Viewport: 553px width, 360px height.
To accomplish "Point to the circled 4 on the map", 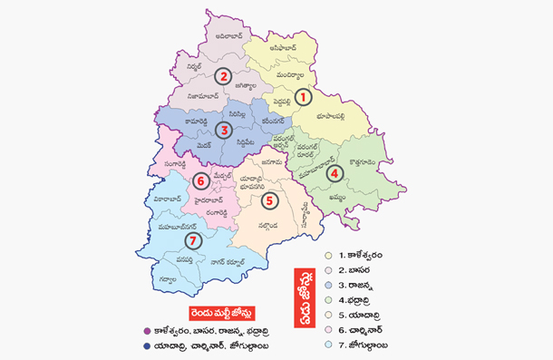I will pyautogui.click(x=335, y=172).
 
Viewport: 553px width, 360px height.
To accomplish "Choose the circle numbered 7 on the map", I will pyautogui.click(x=191, y=240).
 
